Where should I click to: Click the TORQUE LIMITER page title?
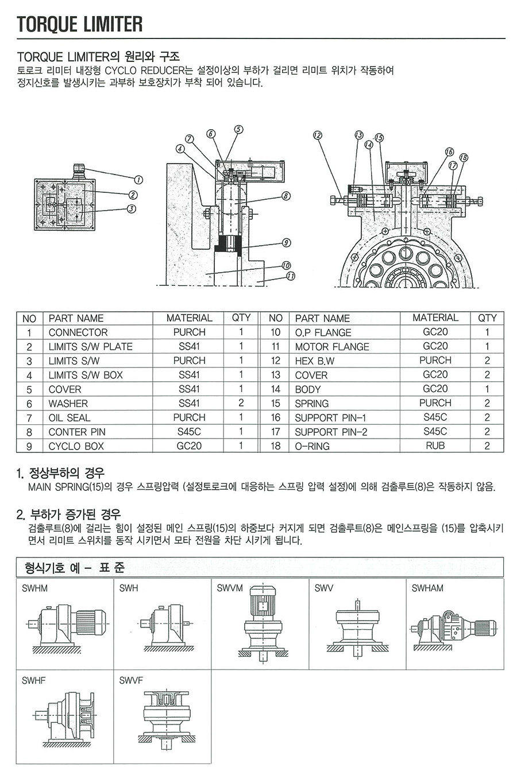[x=80, y=24]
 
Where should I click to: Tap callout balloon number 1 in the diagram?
[x=138, y=180]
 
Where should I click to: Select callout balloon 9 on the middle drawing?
[x=287, y=243]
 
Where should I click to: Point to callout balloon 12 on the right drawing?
[x=318, y=136]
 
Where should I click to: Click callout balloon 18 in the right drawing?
[x=464, y=157]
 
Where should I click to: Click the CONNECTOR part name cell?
[x=78, y=332]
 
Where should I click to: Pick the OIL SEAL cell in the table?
[x=70, y=418]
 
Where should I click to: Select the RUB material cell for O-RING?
[x=435, y=445]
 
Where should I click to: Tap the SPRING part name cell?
[x=312, y=404]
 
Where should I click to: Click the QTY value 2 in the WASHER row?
[x=241, y=404]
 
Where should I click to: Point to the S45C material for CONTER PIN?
[x=189, y=432]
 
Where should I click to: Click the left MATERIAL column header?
[x=189, y=318]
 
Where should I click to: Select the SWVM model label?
[x=230, y=588]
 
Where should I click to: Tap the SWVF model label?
[x=131, y=681]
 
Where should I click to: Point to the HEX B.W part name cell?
[x=315, y=361]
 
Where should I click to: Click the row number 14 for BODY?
[x=276, y=389]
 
